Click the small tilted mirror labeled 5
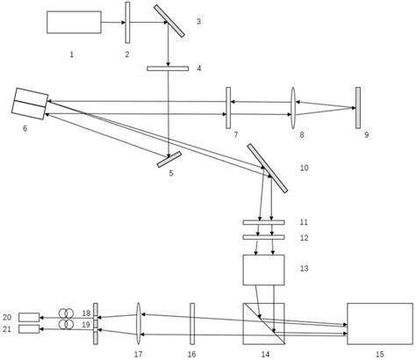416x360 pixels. [x=169, y=159]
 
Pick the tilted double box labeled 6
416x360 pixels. [x=31, y=103]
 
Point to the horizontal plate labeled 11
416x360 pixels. [x=264, y=223]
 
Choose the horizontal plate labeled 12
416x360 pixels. [x=264, y=237]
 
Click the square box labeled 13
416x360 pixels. [x=264, y=270]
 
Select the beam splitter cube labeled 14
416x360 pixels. [x=264, y=323]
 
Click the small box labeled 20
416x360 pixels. [x=29, y=316]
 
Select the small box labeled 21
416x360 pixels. [x=29, y=329]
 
